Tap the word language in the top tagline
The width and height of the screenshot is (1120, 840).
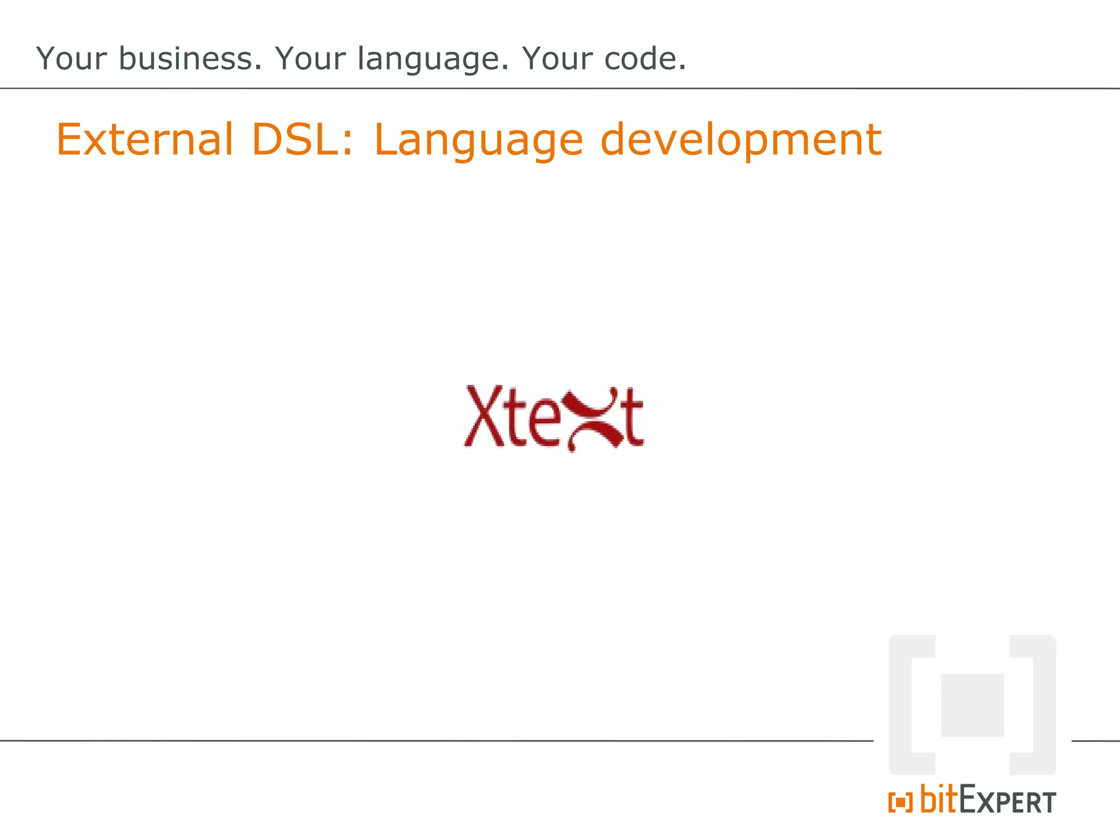pos(433,60)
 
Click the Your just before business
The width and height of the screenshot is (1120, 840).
pos(71,59)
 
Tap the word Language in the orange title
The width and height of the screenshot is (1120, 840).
pos(479,141)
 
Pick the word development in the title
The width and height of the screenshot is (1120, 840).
pos(741,141)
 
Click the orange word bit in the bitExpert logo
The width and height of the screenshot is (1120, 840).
pos(939,799)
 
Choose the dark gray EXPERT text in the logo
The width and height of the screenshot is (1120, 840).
pos(1007,801)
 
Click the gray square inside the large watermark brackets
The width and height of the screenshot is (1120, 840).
pos(972,705)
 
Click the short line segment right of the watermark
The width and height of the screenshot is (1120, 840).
pos(1095,741)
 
